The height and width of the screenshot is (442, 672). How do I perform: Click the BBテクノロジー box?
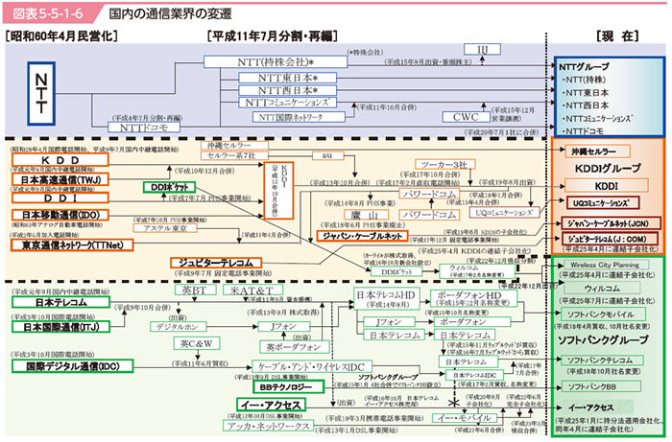(x=279, y=387)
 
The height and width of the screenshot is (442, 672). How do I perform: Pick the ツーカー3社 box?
(x=438, y=164)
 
